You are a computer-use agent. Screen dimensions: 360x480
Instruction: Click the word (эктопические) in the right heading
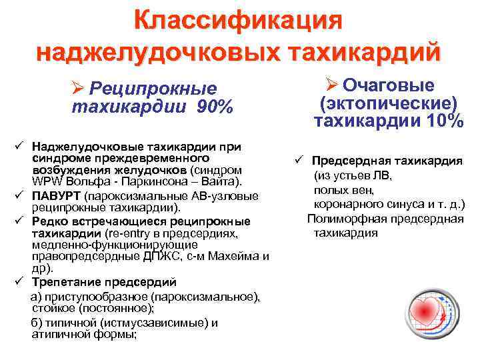[388, 103]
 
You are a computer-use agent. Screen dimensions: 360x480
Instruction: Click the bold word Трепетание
[65, 281]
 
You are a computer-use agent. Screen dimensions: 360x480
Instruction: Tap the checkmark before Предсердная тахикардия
[300, 161]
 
